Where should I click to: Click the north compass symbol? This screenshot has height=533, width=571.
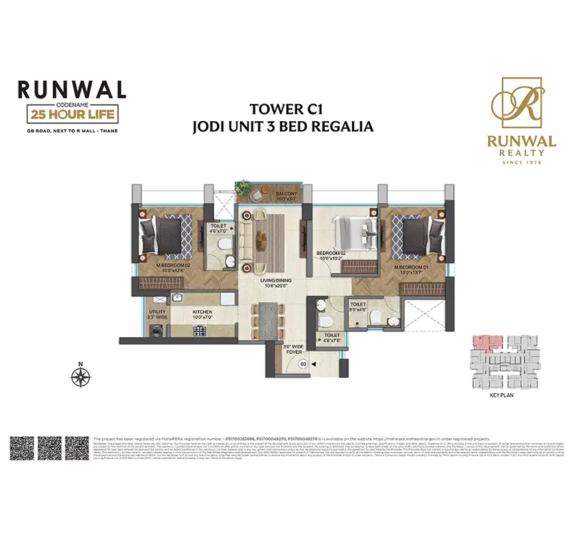(81, 373)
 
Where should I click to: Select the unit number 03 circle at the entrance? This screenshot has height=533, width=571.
(303, 363)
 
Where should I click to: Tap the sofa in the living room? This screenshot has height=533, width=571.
(251, 234)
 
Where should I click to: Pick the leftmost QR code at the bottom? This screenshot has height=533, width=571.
(21, 449)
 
